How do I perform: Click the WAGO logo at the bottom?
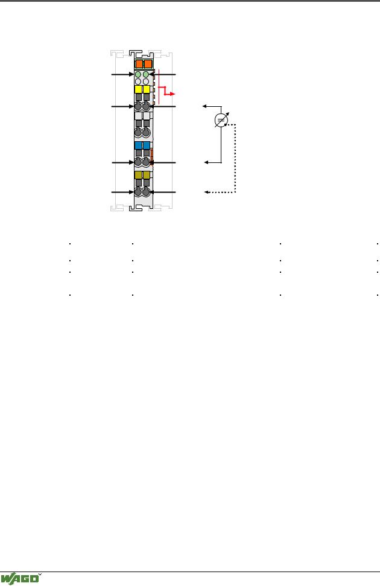20,579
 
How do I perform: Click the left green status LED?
138,74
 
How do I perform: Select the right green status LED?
146,74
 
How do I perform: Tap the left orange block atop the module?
139,63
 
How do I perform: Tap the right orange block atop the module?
148,63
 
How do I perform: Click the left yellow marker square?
138,89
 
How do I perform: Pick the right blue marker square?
146,145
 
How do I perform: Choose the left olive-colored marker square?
138,175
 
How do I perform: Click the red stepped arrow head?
172,94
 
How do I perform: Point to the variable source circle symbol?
221,120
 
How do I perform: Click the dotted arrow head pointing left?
206,192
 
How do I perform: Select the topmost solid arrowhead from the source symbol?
204,106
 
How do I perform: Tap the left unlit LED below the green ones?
138,81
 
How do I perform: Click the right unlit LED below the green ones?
146,81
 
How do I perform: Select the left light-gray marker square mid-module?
138,116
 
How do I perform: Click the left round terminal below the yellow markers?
138,106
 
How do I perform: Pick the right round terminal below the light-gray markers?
146,133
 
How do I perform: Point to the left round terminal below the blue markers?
138,162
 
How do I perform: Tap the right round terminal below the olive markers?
146,192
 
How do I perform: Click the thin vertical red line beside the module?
159,86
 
